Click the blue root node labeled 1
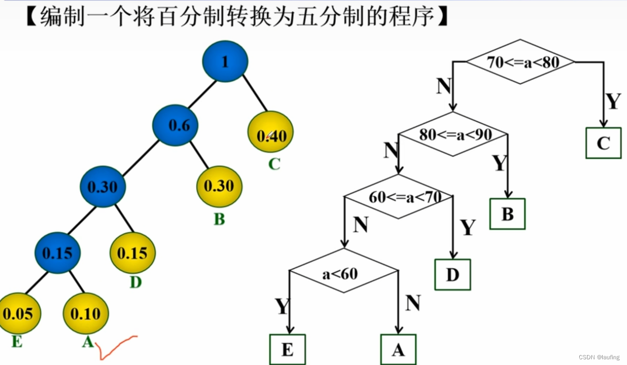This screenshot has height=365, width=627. pyautogui.click(x=225, y=61)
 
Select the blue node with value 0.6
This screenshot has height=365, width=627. pyautogui.click(x=175, y=125)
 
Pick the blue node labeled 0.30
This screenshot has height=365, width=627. pyautogui.click(x=102, y=187)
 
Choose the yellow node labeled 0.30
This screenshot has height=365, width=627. pyautogui.click(x=219, y=186)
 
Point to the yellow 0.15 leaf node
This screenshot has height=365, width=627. pyautogui.click(x=132, y=253)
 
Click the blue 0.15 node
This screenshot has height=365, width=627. pyautogui.click(x=57, y=253)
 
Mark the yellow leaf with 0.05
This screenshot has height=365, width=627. pyautogui.click(x=18, y=314)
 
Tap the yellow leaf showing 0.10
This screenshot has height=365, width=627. pyautogui.click(x=86, y=314)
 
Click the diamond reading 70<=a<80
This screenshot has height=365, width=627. pyautogui.click(x=520, y=62)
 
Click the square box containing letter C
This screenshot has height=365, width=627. pyautogui.click(x=603, y=143)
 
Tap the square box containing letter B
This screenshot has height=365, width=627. pyautogui.click(x=507, y=214)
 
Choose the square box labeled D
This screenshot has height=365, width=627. pyautogui.click(x=452, y=275)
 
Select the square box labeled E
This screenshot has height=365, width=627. pyautogui.click(x=287, y=349)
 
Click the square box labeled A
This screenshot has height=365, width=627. pyautogui.click(x=398, y=349)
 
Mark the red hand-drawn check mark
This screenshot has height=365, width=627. pyautogui.click(x=114, y=346)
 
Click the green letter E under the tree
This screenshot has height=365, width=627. pyautogui.click(x=17, y=341)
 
